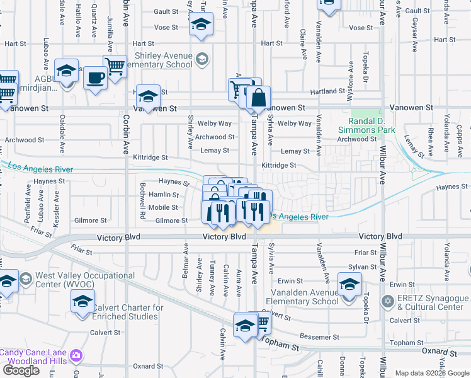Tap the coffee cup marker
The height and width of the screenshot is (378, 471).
pyautogui.click(x=95, y=78)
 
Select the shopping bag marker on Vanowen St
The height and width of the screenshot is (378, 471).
pyautogui.click(x=258, y=98)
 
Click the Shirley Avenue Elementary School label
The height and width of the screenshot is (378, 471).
pyautogui.click(x=162, y=60)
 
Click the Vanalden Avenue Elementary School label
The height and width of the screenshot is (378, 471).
pyautogui.click(x=304, y=296)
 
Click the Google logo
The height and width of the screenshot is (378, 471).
pyautogui.click(x=21, y=370)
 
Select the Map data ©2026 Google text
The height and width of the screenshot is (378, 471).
pyautogui.click(x=432, y=373)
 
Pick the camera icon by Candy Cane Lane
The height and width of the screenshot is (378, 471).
pyautogui.click(x=76, y=355)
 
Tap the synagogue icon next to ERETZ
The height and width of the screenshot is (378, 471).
pyautogui.click(x=387, y=302)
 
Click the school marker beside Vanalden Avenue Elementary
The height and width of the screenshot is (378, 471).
pyautogui.click(x=349, y=283)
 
